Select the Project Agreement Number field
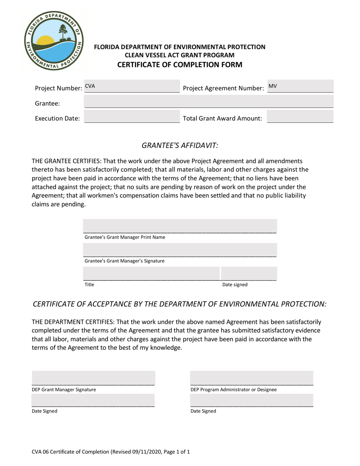point(300,86)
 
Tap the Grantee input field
point(208,102)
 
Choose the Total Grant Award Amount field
point(300,117)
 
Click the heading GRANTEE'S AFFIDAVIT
point(180,145)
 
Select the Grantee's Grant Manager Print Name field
point(180,226)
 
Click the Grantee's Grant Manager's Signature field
point(180,250)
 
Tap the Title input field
point(151,273)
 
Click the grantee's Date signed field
point(249,273)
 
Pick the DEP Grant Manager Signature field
point(93,378)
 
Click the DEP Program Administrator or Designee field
point(252,378)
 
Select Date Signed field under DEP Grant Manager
point(93,400)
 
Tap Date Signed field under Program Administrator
point(252,400)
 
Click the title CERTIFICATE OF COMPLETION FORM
point(180,64)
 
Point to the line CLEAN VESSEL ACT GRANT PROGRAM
point(180,55)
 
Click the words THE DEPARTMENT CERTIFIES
point(73,322)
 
